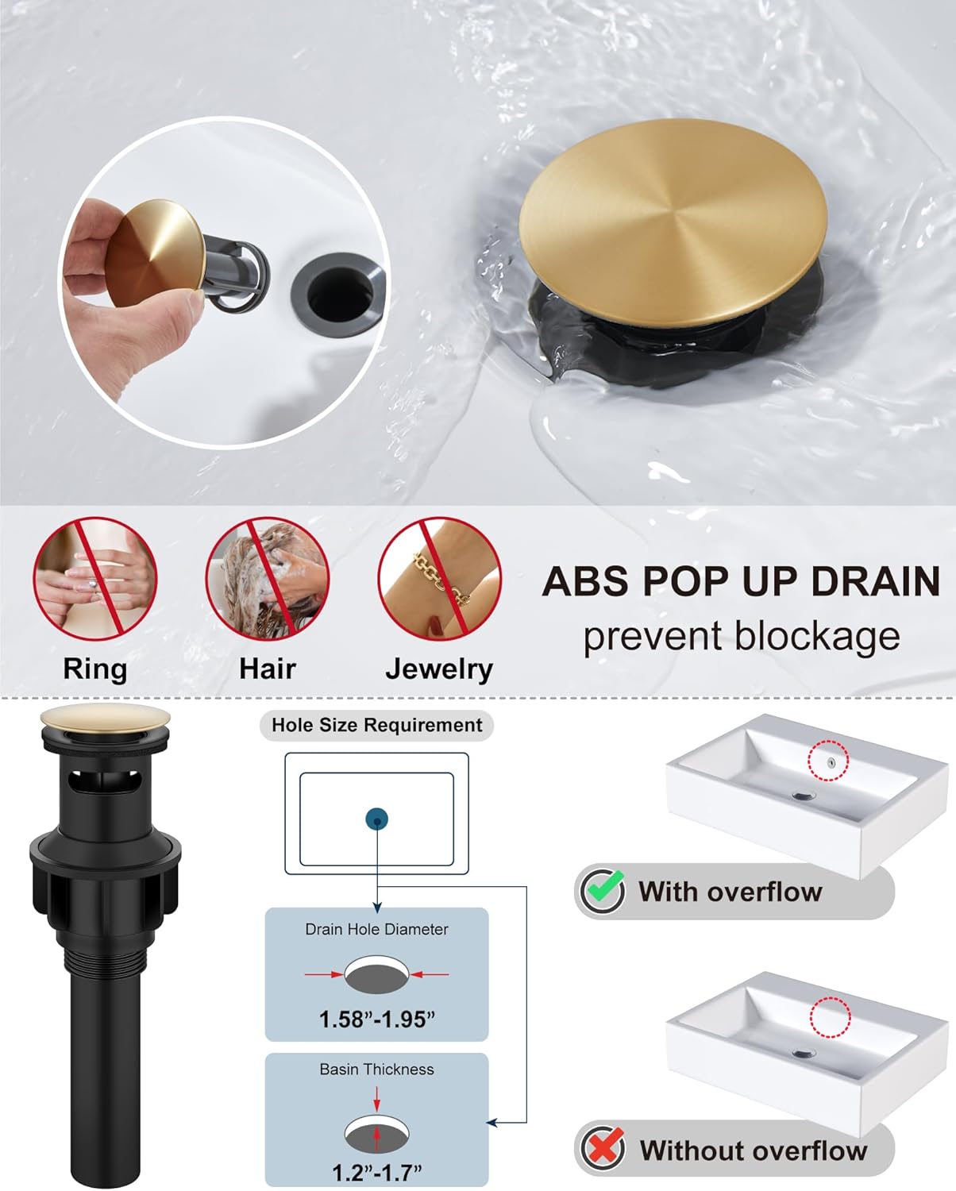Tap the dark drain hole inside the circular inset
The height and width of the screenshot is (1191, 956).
pos(340,292)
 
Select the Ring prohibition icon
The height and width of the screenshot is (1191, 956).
pos(94,579)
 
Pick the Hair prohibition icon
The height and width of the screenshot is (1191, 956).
pos(268,579)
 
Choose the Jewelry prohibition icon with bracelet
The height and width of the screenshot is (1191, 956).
pos(439,579)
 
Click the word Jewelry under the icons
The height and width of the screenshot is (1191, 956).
pos(439,669)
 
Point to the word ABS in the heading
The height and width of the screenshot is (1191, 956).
pos(586,581)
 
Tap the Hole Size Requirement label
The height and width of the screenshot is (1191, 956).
pos(376,725)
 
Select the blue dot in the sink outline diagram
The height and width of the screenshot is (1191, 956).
pos(376,819)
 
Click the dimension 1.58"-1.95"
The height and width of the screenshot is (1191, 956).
pos(376,1019)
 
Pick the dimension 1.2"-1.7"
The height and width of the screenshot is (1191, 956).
pos(376,1170)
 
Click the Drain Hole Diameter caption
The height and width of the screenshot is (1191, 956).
pos(376,929)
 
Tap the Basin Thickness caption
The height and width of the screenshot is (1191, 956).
pos(376,1070)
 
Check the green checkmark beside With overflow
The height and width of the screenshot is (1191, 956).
pos(603,890)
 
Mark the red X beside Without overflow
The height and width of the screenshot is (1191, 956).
pos(603,1148)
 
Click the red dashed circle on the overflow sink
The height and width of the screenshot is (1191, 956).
pos(828,761)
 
